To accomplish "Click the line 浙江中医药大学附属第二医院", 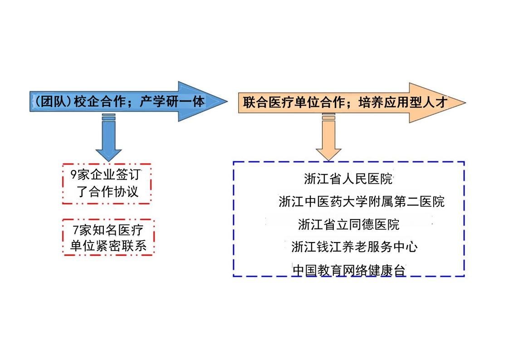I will pyautogui.click(x=361, y=202).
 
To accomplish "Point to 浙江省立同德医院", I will pyautogui.click(x=348, y=224).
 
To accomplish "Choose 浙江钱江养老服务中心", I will pyautogui.click(x=354, y=247).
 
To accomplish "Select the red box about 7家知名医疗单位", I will pyautogui.click(x=108, y=238).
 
